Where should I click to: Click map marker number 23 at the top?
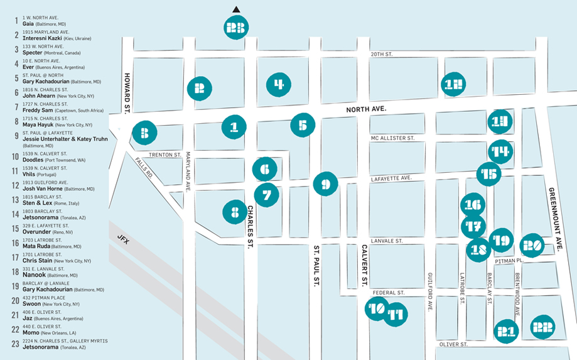(x=236, y=28)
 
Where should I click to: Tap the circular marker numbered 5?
(x=303, y=125)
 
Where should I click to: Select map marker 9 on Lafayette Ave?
(x=325, y=185)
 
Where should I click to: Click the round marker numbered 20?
(x=532, y=245)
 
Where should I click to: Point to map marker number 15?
(x=489, y=174)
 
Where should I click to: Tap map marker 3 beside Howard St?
(x=144, y=133)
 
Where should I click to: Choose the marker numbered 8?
(x=235, y=212)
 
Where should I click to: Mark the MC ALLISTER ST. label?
(x=392, y=138)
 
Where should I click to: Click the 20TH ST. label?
(x=381, y=55)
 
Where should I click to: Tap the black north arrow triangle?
(x=236, y=9)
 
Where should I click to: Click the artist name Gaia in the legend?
(x=28, y=23)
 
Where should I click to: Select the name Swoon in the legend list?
(x=32, y=303)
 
